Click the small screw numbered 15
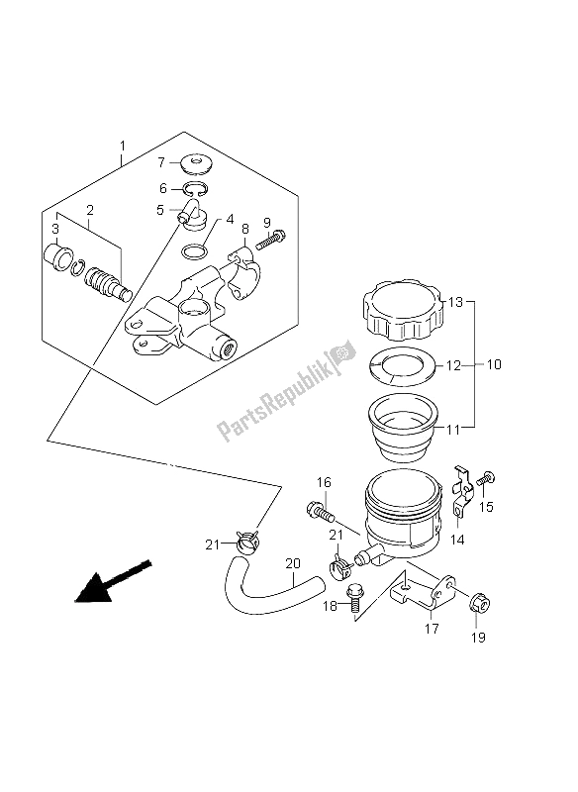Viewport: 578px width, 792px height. click(488, 478)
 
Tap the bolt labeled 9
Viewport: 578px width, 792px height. click(271, 240)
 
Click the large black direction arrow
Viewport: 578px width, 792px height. click(113, 581)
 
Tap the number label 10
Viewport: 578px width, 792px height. click(494, 364)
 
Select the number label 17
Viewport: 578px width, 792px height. click(433, 629)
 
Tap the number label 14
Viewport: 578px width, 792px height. click(457, 540)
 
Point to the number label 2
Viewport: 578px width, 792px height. click(90, 209)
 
